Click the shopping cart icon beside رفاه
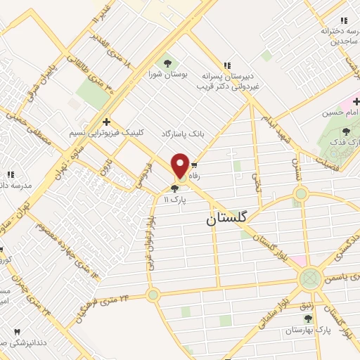(193, 165)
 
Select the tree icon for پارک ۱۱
(174, 188)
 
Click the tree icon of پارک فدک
(345, 131)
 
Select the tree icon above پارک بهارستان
(308, 318)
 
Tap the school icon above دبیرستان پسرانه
(226, 64)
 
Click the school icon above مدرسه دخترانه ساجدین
(343, 21)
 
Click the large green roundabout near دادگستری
(309, 278)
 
